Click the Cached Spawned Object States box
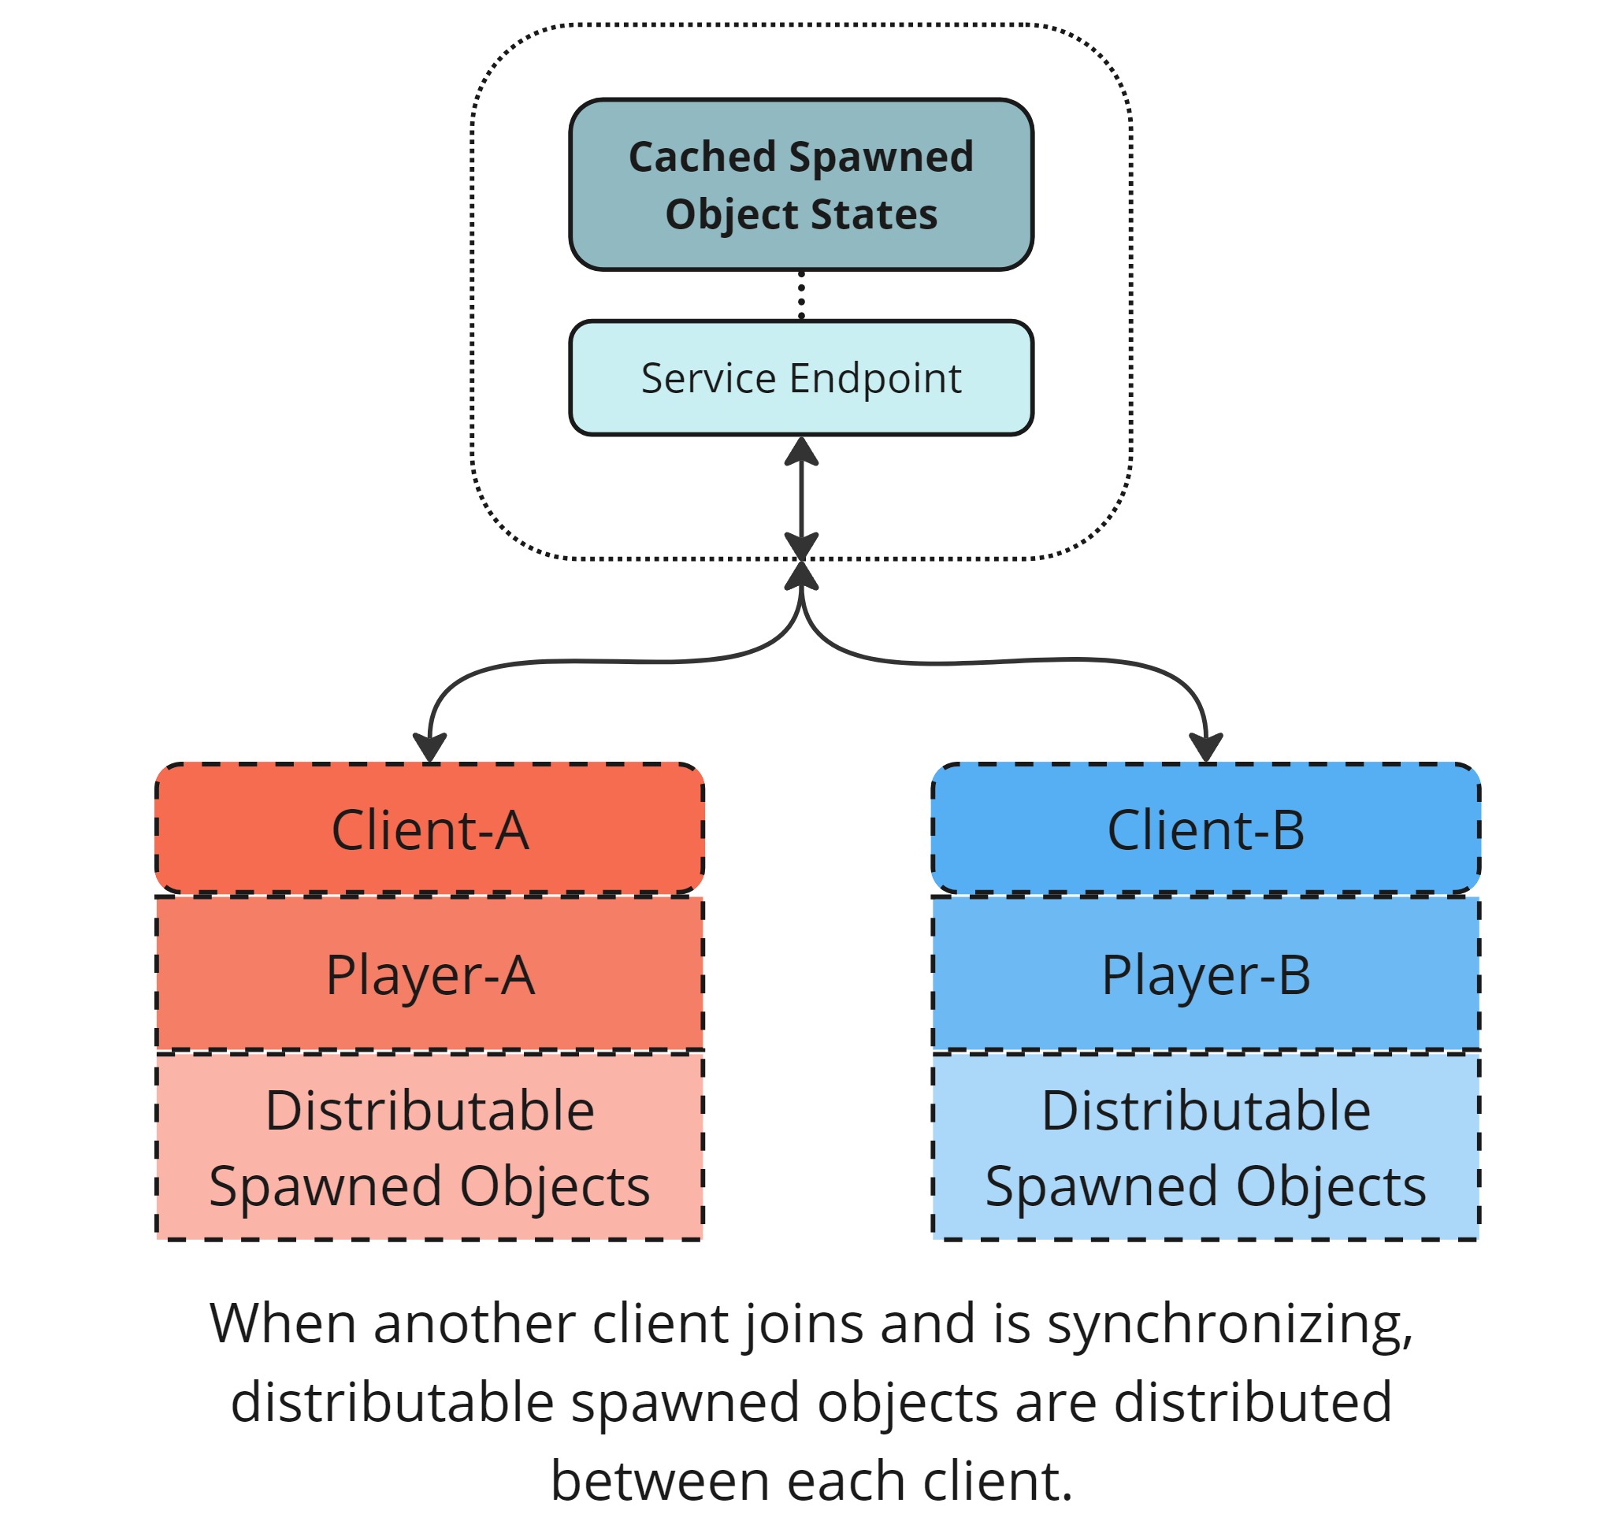(800, 184)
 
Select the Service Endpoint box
(800, 377)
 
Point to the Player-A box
(429, 974)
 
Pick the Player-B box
(1205, 974)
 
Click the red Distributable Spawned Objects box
(429, 1146)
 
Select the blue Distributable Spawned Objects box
(1205, 1146)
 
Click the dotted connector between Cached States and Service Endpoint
(800, 295)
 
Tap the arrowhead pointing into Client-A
(429, 747)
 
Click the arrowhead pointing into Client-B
(1205, 747)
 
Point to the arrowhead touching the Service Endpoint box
(800, 451)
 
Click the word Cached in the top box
(701, 156)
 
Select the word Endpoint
(874, 378)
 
